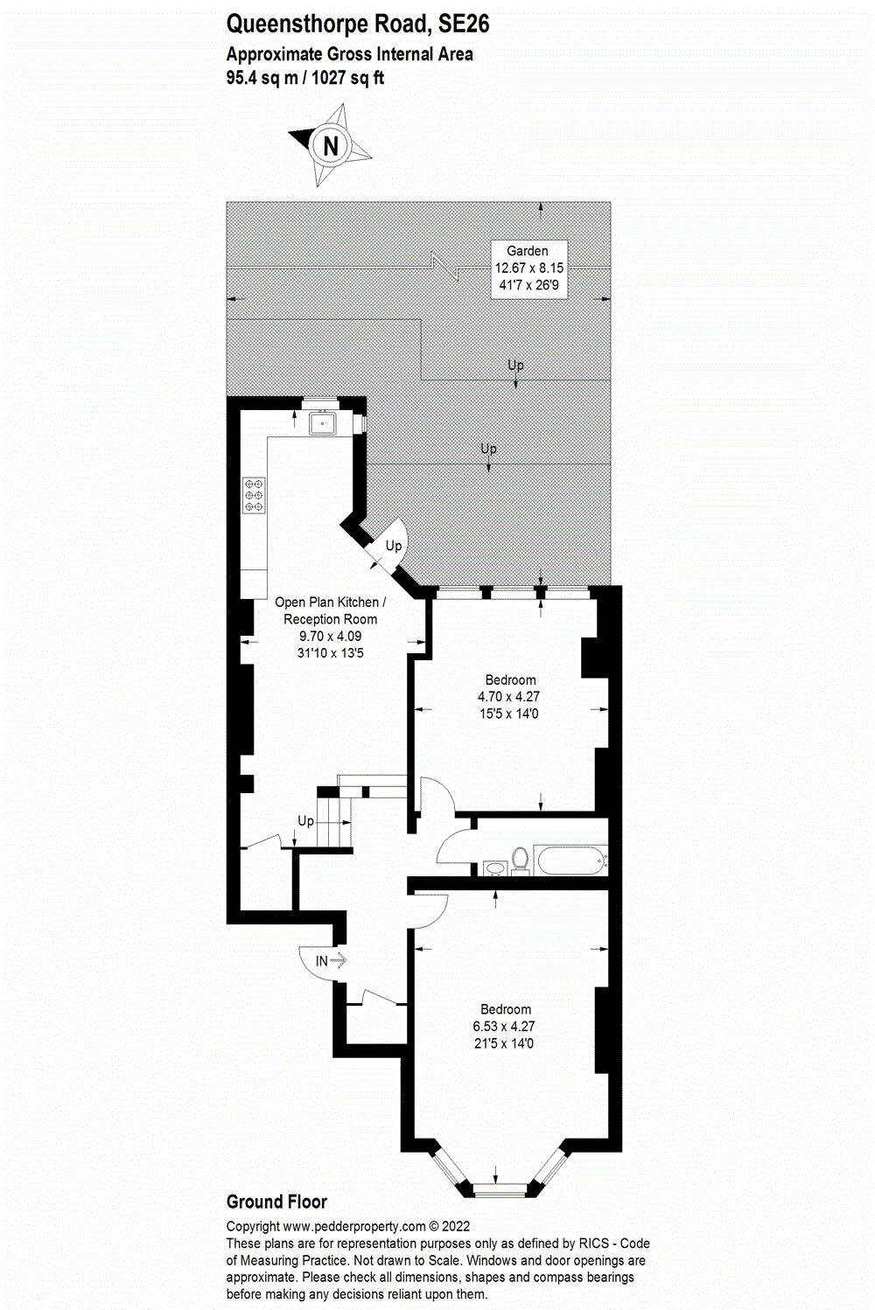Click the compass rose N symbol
[x=331, y=145]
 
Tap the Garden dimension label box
[x=528, y=268]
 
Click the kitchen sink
[x=324, y=424]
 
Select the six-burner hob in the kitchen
[x=254, y=494]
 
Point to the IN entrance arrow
[x=330, y=960]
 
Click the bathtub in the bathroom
[x=571, y=861]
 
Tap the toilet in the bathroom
[x=521, y=860]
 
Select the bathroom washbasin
[x=494, y=868]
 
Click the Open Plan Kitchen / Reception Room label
[x=330, y=627]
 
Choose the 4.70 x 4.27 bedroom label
[x=509, y=697]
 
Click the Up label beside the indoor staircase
[x=305, y=821]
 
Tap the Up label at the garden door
[x=394, y=546]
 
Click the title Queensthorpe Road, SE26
[x=357, y=24]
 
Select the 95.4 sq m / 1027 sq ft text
[x=304, y=78]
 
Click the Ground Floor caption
[x=276, y=1202]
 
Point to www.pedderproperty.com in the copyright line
[x=354, y=1226]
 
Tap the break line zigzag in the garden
[x=445, y=266]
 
